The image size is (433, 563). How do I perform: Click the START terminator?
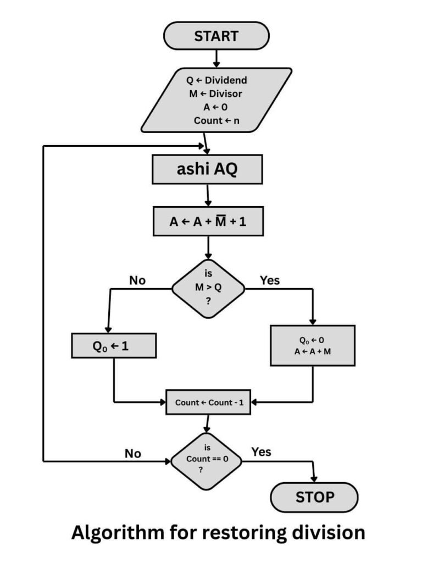[216, 37]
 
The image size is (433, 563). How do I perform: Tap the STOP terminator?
[314, 497]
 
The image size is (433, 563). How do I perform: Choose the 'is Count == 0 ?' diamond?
[206, 461]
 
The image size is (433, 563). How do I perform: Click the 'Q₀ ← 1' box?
[114, 346]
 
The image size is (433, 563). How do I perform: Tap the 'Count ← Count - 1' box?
[209, 402]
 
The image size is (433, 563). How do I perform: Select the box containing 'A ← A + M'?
[312, 345]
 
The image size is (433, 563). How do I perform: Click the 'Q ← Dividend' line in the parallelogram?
[216, 80]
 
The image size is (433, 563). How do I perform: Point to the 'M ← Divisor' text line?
[215, 93]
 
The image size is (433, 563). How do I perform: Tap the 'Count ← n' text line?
[216, 120]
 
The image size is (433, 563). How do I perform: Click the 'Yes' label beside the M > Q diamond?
[269, 280]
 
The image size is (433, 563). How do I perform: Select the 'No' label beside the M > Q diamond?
[137, 280]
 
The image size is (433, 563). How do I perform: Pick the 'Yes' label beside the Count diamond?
[262, 452]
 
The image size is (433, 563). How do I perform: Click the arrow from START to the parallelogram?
[216, 58]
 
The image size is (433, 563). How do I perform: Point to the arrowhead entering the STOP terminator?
[314, 479]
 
